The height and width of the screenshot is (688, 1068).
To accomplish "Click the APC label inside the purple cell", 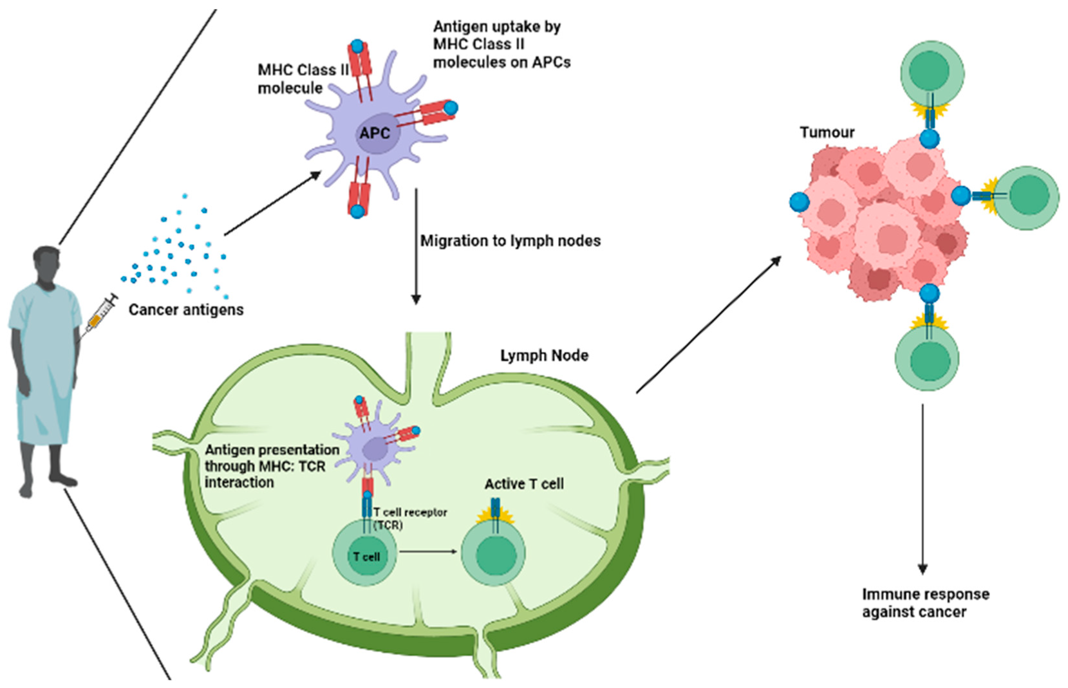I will click(374, 133).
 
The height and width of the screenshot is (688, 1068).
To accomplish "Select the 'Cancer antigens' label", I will click(186, 310).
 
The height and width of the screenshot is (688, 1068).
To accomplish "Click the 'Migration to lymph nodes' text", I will click(511, 241).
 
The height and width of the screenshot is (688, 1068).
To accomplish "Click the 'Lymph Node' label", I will click(544, 355).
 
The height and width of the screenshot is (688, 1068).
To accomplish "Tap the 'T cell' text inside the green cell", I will click(366, 557).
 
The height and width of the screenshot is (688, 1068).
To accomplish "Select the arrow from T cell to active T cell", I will click(428, 552).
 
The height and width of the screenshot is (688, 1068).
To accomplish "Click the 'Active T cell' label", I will click(524, 484).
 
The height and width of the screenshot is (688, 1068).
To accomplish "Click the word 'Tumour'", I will click(827, 133).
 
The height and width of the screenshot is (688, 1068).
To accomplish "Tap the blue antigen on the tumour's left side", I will click(800, 202).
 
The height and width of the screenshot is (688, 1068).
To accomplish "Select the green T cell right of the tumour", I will click(1027, 198).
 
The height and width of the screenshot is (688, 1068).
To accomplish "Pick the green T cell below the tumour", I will click(927, 358).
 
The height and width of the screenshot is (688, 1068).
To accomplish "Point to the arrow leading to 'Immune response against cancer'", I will click(923, 489).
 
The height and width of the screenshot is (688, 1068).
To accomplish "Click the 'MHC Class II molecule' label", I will click(302, 79).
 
